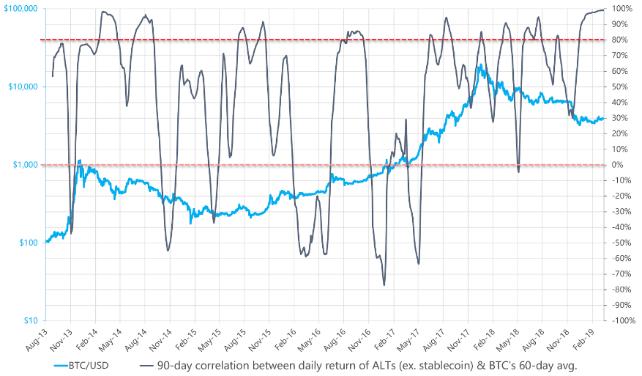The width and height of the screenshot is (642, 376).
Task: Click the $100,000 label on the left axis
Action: click(x=21, y=9)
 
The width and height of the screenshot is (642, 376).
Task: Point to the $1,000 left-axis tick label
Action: click(x=26, y=165)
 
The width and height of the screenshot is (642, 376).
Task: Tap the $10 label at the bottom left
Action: click(x=31, y=320)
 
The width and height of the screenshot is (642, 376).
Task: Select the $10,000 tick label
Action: click(x=23, y=86)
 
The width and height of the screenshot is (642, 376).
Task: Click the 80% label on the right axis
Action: click(x=619, y=40)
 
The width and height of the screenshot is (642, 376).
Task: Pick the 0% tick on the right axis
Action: click(x=617, y=165)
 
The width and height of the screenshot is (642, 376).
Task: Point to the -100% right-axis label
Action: click(x=623, y=320)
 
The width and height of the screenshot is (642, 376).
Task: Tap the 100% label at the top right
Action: click(x=622, y=9)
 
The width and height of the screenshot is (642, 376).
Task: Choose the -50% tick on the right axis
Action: click(x=621, y=243)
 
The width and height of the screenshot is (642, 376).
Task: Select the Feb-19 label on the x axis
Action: click(x=582, y=339)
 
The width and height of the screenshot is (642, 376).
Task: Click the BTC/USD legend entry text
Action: click(x=89, y=365)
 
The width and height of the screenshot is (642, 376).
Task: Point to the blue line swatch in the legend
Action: click(x=61, y=365)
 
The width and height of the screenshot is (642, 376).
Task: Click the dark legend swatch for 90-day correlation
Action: click(x=146, y=365)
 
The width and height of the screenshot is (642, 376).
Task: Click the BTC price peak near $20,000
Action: click(x=480, y=64)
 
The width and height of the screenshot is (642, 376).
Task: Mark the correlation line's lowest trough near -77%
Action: click(x=384, y=285)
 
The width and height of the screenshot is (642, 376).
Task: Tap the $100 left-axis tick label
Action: click(x=29, y=243)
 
